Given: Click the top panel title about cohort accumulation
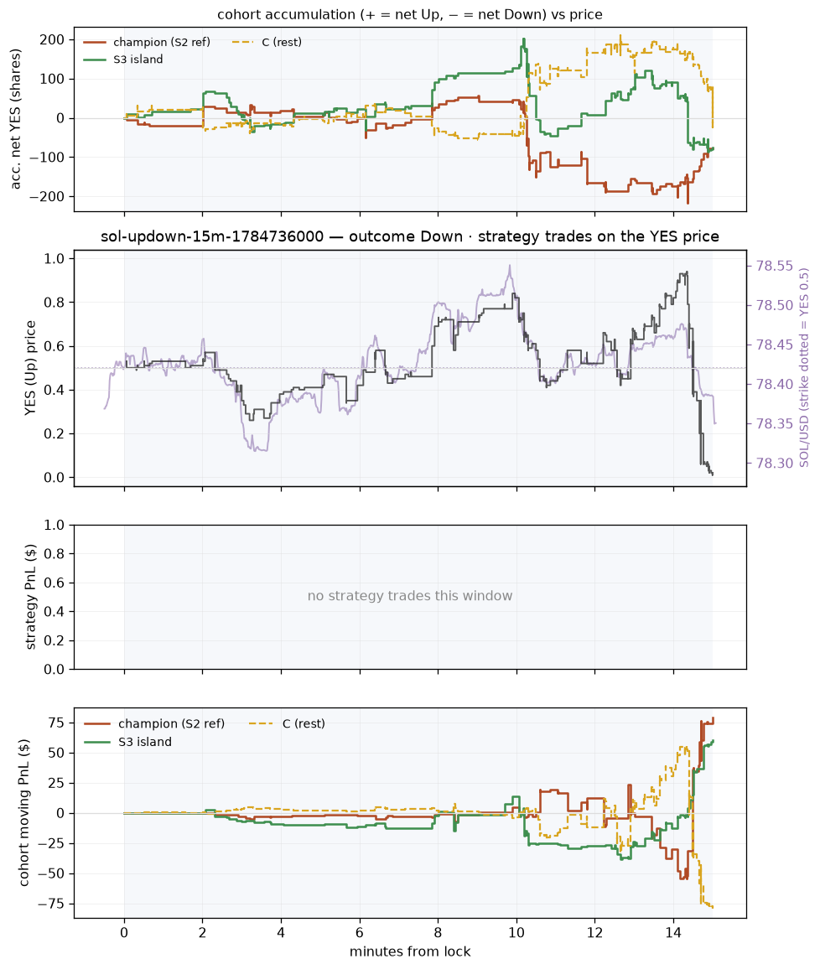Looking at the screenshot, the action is [410, 14].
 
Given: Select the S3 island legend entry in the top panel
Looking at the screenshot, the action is [123, 60].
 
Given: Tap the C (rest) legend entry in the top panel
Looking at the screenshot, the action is [267, 42].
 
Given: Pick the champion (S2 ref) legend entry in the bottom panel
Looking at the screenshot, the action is [154, 723].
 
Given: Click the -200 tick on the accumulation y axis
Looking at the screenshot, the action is [50, 196].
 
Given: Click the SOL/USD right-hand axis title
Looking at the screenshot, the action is [804, 367].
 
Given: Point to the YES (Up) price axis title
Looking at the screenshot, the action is [29, 368].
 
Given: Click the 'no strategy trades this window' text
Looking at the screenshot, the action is [410, 596].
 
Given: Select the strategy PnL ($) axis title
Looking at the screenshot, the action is [29, 597].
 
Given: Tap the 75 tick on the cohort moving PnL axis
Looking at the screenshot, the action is [58, 723].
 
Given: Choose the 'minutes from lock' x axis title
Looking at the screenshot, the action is [410, 951].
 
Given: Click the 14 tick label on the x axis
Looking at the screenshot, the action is [673, 933].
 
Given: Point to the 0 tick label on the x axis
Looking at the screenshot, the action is [124, 933].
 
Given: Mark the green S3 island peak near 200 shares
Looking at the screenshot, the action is [524, 39].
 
